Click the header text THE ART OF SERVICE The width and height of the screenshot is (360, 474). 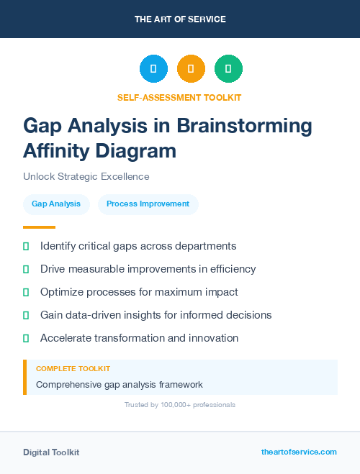point(180,19)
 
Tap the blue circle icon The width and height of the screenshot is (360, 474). point(153,69)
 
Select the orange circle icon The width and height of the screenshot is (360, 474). point(191,69)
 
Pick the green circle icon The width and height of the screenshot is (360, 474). point(228,69)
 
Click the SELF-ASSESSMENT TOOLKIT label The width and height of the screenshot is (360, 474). point(180,97)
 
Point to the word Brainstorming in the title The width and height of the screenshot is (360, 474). point(245,126)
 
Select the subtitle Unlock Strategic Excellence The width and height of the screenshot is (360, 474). point(86,176)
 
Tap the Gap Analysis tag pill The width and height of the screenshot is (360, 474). point(56,204)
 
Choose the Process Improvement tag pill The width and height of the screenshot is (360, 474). point(148,204)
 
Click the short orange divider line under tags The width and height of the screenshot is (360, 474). point(34,227)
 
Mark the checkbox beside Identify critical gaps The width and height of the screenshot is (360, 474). point(26,246)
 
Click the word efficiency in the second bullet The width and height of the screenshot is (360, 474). point(232,269)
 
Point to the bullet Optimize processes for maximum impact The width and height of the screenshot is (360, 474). point(139,292)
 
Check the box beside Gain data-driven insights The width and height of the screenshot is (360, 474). point(26,315)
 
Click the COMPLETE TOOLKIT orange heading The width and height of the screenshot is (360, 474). point(73,368)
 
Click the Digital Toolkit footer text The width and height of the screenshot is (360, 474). point(51,452)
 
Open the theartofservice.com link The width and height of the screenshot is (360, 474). point(299,452)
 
